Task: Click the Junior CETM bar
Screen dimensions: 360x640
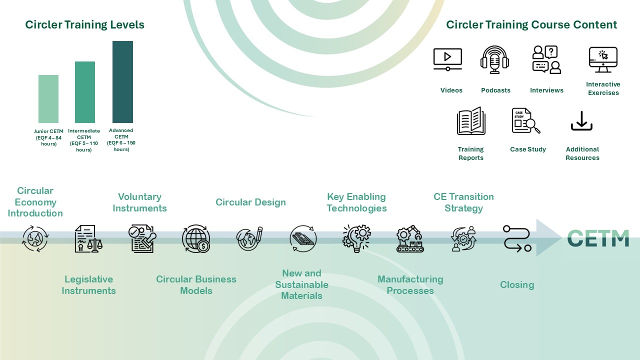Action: (48, 99)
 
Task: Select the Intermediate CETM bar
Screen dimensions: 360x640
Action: (85, 92)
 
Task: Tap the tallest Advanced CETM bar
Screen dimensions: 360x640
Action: (122, 82)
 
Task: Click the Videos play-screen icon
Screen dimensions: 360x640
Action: (447, 59)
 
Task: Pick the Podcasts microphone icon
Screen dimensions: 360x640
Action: (494, 59)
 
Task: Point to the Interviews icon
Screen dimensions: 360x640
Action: (546, 59)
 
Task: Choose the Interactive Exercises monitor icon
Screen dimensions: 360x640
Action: (603, 60)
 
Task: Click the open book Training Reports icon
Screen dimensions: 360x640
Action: (471, 121)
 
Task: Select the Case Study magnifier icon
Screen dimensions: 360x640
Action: (526, 121)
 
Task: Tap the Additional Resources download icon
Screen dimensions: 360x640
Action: (581, 121)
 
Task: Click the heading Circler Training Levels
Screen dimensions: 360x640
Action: (85, 24)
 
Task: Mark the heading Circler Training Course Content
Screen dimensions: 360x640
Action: (531, 24)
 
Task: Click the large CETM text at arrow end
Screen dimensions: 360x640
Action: (598, 238)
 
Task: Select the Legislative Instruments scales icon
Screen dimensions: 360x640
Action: (88, 238)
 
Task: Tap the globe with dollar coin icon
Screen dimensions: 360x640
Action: (196, 238)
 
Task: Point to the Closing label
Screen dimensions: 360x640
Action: (517, 284)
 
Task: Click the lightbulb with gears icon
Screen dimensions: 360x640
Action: (356, 238)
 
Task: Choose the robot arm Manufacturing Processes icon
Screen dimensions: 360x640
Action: (410, 239)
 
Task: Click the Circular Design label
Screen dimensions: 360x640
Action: (250, 202)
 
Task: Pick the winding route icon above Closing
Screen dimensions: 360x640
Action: (517, 238)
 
